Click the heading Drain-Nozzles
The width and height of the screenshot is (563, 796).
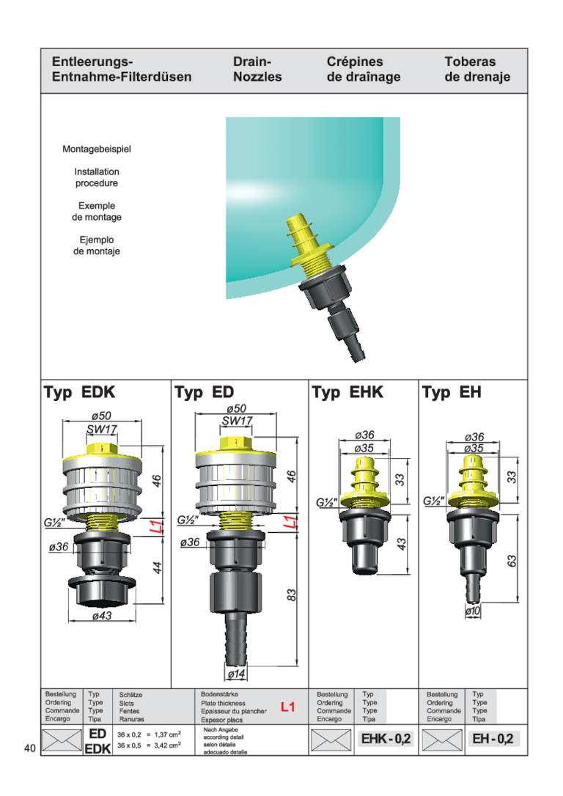[x=257, y=69]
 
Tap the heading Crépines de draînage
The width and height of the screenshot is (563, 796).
[x=364, y=69]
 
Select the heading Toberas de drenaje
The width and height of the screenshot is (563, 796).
[x=477, y=69]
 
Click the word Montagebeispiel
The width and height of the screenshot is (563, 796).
[x=97, y=150]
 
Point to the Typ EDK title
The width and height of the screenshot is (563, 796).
[x=79, y=392]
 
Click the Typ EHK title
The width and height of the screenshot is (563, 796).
[x=347, y=392]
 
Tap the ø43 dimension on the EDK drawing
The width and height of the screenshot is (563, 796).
[x=102, y=616]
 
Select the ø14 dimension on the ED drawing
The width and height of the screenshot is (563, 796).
[x=236, y=674]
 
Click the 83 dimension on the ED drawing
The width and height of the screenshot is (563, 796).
[x=291, y=595]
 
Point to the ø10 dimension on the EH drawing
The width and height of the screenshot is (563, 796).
[x=473, y=611]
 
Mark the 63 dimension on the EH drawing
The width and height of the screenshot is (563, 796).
[x=512, y=561]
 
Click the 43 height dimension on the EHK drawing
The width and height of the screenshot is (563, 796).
[x=401, y=544]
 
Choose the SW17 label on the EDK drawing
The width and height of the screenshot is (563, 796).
[x=102, y=430]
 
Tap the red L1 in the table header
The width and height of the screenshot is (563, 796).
[x=288, y=707]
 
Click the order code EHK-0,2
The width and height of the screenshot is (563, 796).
[x=386, y=739]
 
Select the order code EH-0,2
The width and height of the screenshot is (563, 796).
[x=493, y=739]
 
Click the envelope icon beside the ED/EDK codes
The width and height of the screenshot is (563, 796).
[x=62, y=740]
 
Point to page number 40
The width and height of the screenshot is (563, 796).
[x=30, y=748]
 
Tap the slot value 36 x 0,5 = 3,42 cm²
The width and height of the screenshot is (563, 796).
[x=150, y=745]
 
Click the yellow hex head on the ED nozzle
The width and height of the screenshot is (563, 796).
[x=236, y=443]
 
